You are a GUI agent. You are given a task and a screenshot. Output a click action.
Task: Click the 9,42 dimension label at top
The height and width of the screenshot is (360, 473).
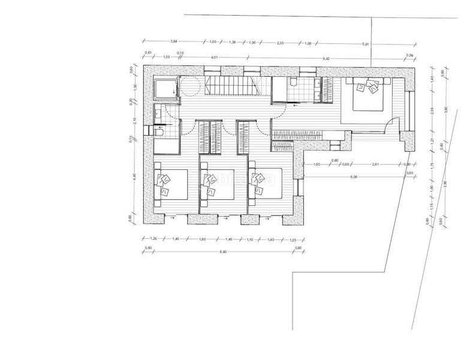click(327, 58)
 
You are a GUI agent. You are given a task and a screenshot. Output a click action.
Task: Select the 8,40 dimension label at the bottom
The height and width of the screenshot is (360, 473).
click(223, 251)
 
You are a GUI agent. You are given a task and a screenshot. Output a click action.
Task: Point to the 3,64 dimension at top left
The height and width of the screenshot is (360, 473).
click(174, 41)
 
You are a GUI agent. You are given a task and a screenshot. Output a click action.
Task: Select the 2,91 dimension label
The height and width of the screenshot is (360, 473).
click(375, 164)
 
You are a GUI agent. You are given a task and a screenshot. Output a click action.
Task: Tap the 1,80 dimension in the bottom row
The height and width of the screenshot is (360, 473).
click(202, 239)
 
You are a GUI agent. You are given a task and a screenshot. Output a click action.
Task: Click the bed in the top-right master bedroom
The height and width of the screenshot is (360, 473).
click(367, 94)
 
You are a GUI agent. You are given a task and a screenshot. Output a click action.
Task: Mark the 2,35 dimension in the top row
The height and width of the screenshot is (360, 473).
click(279, 43)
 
